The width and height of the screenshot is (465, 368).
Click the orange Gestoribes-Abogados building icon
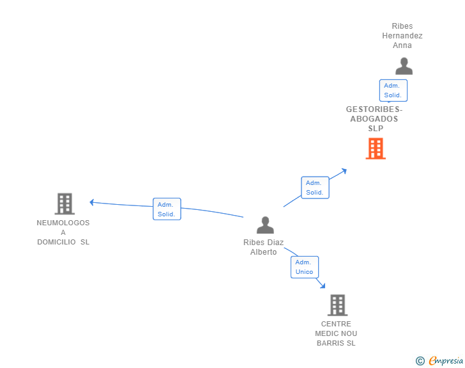pos(376,148)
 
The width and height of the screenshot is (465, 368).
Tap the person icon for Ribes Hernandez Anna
pos(404,67)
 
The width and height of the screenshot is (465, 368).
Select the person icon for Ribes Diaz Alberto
pos(265,225)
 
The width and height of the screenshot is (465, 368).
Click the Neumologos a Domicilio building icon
pos(65,204)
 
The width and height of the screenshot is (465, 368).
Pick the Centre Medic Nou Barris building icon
pos(337,305)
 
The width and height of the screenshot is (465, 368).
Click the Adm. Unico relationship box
pos(305,267)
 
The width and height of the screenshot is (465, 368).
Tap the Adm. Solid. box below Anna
pos(393,90)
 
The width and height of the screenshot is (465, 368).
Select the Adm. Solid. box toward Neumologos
pos(167,209)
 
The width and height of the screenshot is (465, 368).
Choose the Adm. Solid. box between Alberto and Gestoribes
pos(315,188)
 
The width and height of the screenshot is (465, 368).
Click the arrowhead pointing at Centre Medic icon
pos(322,285)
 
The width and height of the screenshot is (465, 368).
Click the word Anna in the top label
pos(402,45)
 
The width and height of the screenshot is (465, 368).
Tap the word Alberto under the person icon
pos(264,252)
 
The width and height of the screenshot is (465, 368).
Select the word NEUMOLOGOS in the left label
pos(63,223)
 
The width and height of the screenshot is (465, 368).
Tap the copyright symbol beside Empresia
pos(420,361)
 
